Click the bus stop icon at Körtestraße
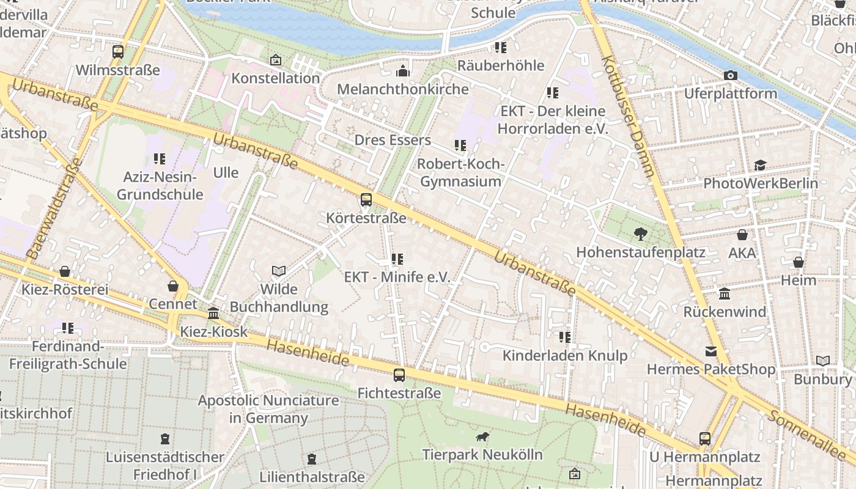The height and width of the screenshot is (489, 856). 366,199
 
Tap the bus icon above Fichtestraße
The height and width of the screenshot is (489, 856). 399,375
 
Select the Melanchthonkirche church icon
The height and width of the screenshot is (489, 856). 402,72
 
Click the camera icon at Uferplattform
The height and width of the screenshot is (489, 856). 730,75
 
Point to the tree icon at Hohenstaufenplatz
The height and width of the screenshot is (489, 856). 640,233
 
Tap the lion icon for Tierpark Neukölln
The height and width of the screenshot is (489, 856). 482,436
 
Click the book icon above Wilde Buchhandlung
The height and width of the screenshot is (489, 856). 279,271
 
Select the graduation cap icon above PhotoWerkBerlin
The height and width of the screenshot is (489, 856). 760,165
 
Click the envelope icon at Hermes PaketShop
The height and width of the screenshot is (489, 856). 710,351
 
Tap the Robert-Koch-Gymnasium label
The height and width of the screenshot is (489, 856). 460,173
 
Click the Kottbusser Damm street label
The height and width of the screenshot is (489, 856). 628,116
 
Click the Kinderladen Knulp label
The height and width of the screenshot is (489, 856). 565,356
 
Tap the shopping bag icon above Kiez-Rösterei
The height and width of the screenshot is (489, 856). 65,271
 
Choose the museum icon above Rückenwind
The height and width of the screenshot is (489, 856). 725,294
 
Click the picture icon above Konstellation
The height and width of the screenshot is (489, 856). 276,60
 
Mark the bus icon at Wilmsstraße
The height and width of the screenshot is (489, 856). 118,52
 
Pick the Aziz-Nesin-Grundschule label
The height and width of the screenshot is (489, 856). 160,186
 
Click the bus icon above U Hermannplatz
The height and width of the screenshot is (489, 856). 705,438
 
